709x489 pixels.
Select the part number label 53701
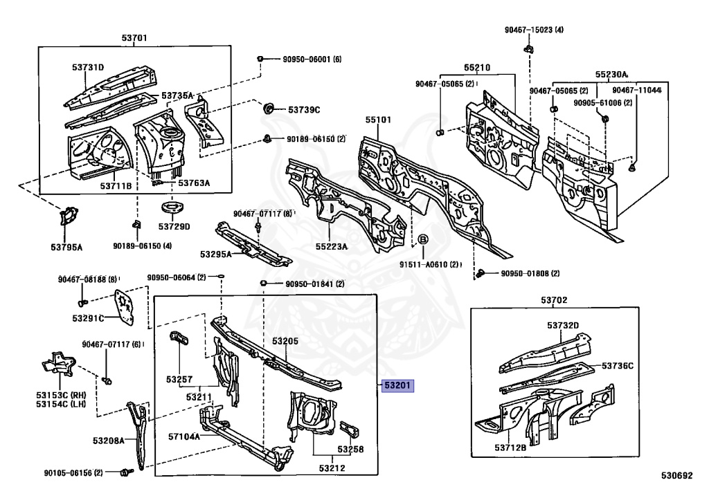pyautogui.click(x=134, y=38)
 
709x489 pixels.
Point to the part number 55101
pyautogui.click(x=379, y=120)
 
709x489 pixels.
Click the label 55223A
pyautogui.click(x=332, y=246)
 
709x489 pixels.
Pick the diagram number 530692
pyautogui.click(x=676, y=476)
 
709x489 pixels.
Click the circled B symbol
pyautogui.click(x=423, y=240)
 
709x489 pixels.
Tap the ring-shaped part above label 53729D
pyautogui.click(x=169, y=209)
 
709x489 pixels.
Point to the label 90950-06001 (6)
pyautogui.click(x=312, y=59)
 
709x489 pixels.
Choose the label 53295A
pyautogui.click(x=216, y=254)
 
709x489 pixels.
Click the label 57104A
pyautogui.click(x=182, y=436)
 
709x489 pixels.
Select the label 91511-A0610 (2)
pyautogui.click(x=430, y=264)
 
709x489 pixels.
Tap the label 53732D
pyautogui.click(x=562, y=325)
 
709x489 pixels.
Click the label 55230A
pyautogui.click(x=611, y=74)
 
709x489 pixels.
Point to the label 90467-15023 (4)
pyautogui.click(x=534, y=30)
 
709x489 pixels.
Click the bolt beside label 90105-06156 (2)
pyautogui.click(x=127, y=472)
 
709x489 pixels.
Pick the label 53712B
pyautogui.click(x=510, y=448)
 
